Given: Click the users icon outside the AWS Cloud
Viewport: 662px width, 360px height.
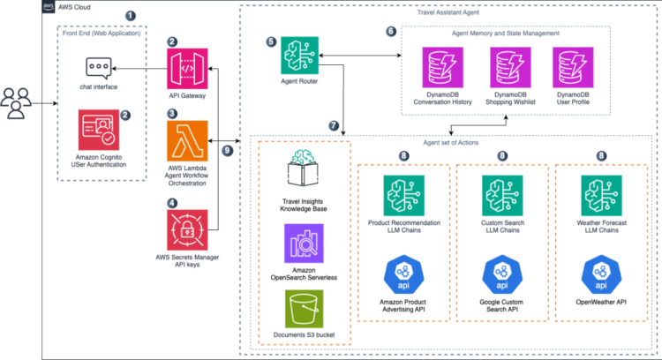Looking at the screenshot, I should click(20, 104).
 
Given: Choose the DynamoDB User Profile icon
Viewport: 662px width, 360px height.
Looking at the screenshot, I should click(571, 67).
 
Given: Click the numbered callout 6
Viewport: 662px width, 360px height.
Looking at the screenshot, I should click(391, 31).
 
